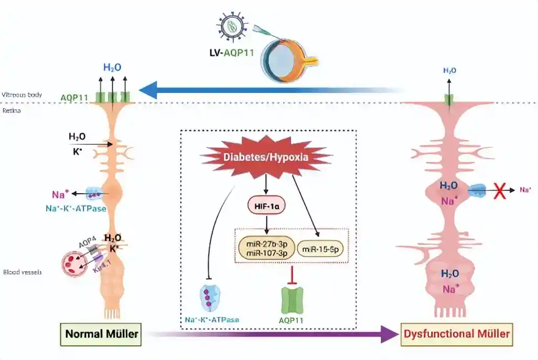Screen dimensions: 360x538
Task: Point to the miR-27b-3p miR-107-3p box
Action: pyautogui.click(x=265, y=246)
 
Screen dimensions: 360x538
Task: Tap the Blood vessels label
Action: pyautogui.click(x=22, y=272)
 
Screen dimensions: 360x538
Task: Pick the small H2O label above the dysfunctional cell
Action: pyautogui.click(x=449, y=70)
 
